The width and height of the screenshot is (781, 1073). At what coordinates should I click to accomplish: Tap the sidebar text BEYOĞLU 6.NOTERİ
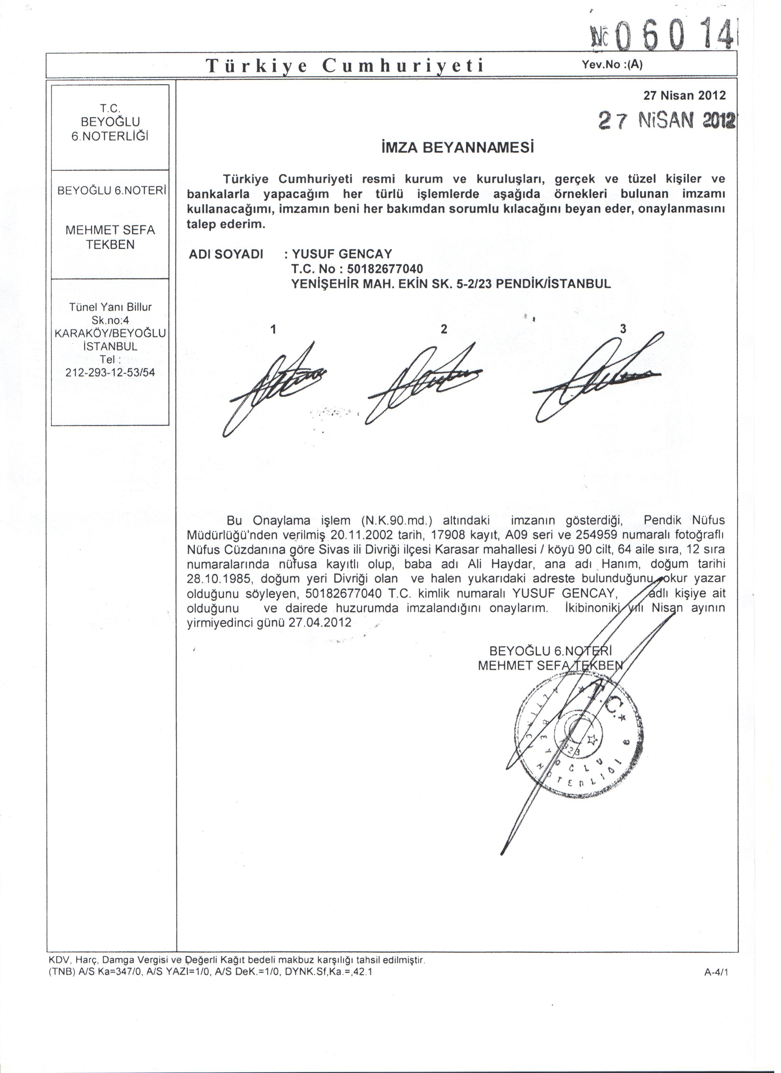click(111, 191)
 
